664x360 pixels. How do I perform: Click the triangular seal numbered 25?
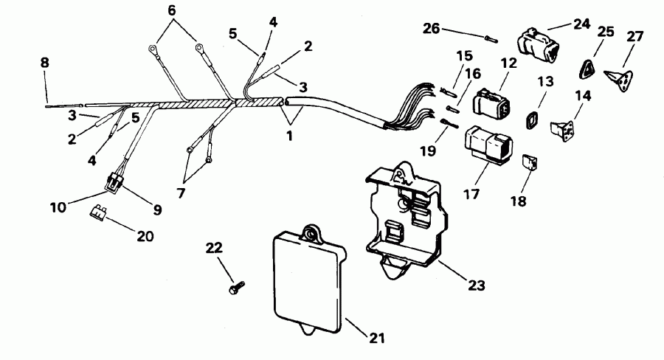coord(587,68)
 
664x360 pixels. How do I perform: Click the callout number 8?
coord(45,63)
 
